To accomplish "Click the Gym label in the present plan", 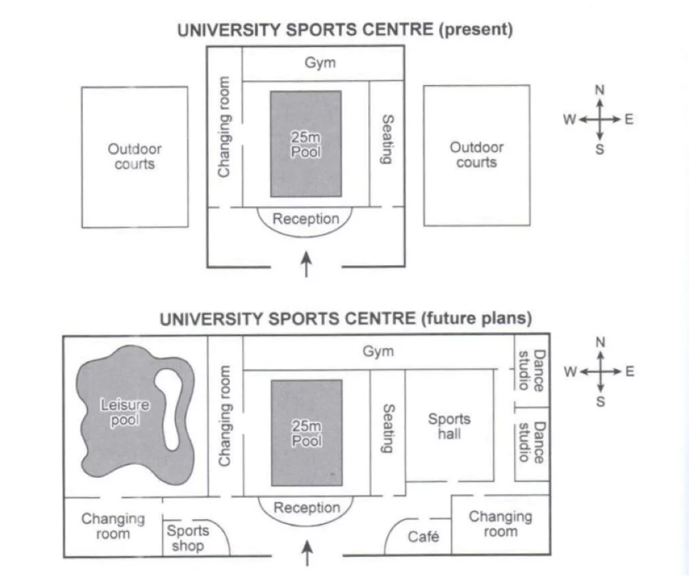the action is pos(320,63).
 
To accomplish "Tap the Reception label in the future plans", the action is pos(307,508).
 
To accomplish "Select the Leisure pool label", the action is pos(125,412).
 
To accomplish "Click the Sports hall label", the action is pos(449,426).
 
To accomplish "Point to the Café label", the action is pos(423,536).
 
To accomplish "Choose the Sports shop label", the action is pos(188,538).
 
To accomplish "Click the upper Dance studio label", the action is pos(532,371).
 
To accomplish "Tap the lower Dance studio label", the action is pos(532,442).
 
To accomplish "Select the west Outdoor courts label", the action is pos(135,156).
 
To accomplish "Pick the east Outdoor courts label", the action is pos(476,154).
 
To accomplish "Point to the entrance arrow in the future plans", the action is pos(307,553).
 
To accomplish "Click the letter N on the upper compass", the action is pos(599,90).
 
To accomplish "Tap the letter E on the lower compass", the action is pos(630,371).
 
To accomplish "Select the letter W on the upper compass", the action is pos(570,119).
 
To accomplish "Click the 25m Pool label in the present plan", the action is pos(306,144).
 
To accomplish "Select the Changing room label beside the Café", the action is pos(501,524).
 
